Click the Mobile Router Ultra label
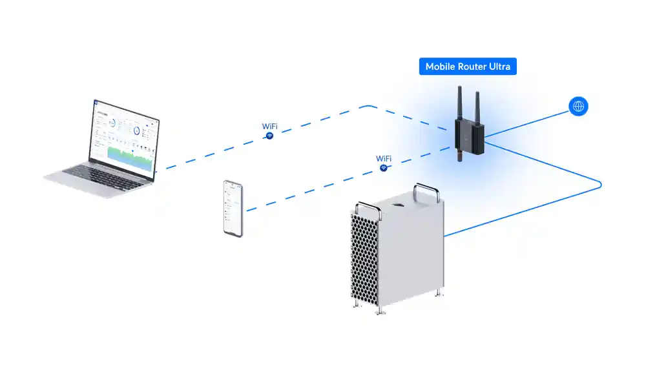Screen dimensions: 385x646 point(468,67)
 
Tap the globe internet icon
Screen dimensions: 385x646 point(578,107)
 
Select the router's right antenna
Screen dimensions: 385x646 point(477,107)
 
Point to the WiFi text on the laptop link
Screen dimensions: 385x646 point(270,126)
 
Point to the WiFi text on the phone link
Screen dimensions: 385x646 point(384,158)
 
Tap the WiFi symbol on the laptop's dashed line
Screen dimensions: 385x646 point(270,136)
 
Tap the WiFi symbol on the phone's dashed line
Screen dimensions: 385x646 point(384,168)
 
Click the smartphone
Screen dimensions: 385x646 point(233,208)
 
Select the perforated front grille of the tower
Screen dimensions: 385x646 point(366,255)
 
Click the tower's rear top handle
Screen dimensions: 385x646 point(427,192)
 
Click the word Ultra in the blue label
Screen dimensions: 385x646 point(499,67)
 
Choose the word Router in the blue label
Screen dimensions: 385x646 point(470,67)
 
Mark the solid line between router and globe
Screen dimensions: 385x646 point(530,123)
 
